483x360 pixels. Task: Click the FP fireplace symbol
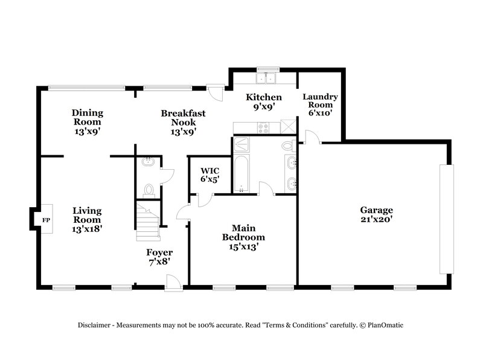click(x=45, y=220)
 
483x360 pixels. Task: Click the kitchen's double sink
click(x=266, y=79)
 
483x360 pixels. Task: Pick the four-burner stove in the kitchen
click(x=263, y=127)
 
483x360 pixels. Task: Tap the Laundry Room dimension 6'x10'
click(x=320, y=113)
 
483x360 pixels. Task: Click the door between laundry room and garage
click(x=311, y=138)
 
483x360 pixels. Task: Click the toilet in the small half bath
click(x=148, y=190)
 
